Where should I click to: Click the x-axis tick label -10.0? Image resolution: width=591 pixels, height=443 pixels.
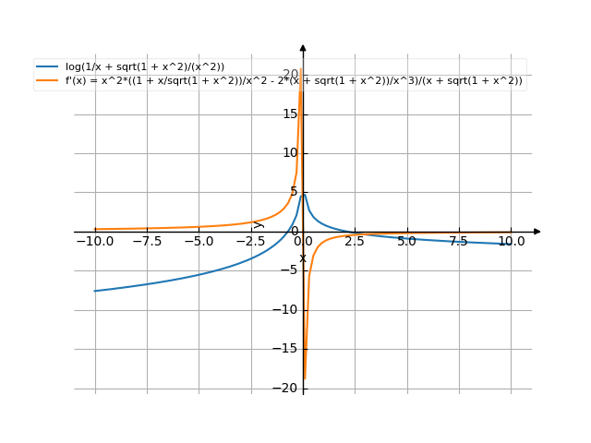95,241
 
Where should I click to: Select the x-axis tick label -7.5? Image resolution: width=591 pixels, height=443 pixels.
147,241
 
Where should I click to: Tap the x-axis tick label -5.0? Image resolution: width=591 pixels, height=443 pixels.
199,241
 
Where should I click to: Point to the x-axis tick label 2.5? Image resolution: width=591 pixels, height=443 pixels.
355,241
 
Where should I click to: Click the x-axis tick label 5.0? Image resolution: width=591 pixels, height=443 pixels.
407,241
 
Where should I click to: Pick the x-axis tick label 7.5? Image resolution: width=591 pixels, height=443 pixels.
459,241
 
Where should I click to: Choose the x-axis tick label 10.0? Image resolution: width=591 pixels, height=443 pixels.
511,241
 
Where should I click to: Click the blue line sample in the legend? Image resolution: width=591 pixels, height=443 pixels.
47,66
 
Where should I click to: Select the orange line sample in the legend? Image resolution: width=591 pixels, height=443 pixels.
47,80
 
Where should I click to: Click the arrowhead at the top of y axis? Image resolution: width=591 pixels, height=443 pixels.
303,47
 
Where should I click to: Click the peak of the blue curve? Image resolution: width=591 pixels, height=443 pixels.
304,194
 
